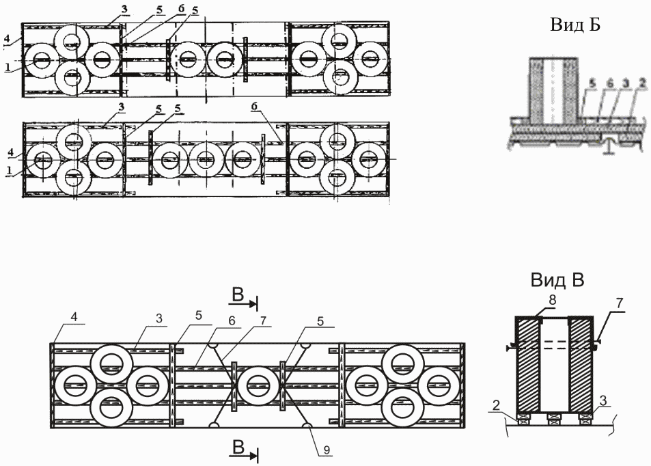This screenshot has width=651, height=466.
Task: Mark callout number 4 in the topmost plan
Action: (x=6, y=40)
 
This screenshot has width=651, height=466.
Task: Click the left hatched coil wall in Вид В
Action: (x=529, y=366)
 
